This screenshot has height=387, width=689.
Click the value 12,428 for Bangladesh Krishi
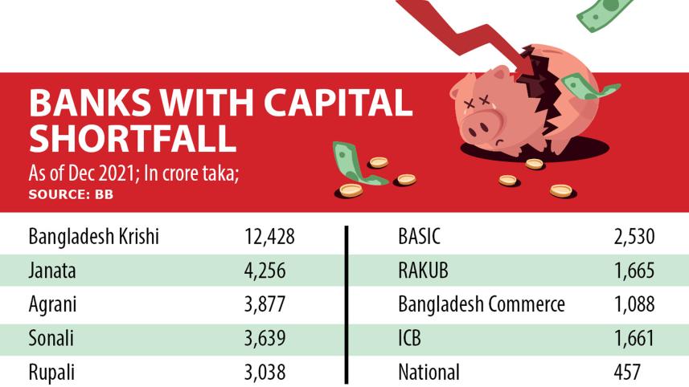pyautogui.click(x=269, y=238)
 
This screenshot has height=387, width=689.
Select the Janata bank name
pyautogui.click(x=52, y=271)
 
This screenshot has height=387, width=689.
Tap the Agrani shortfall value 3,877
pyautogui.click(x=265, y=305)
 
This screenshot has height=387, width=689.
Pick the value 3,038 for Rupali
pyautogui.click(x=265, y=373)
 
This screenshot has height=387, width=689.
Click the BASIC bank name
pyautogui.click(x=420, y=238)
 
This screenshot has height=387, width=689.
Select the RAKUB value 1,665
pyautogui.click(x=634, y=271)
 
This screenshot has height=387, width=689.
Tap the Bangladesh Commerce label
pyautogui.click(x=482, y=305)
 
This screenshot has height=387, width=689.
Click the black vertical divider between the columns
pyautogui.click(x=347, y=305)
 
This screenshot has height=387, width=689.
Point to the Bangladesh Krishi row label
pyautogui.click(x=93, y=238)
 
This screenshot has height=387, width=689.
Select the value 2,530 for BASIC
pyautogui.click(x=634, y=238)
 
